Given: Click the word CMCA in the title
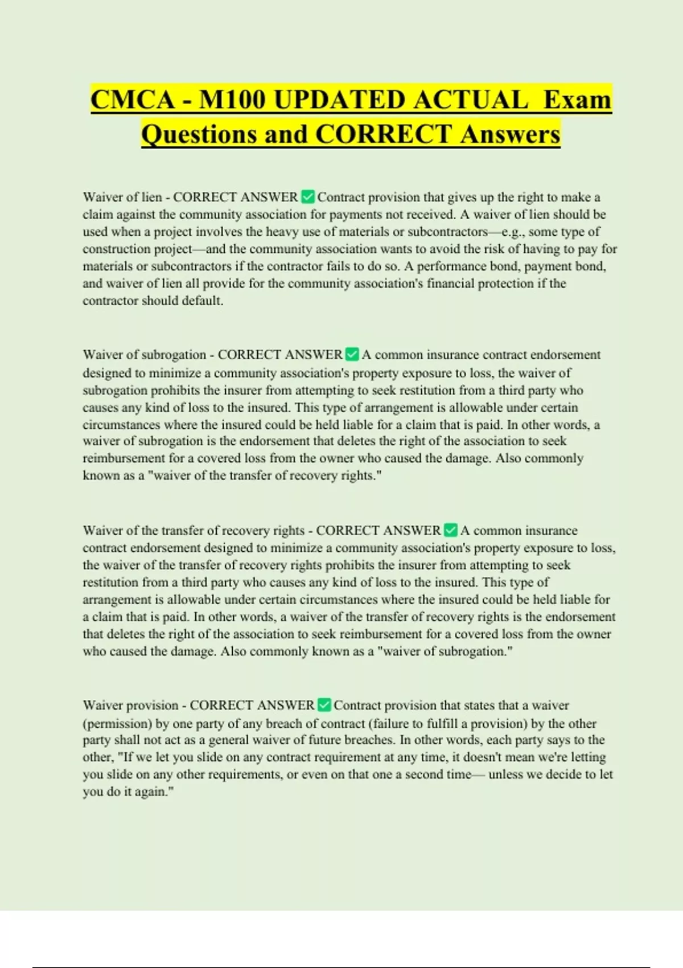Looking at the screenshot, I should click(x=133, y=100).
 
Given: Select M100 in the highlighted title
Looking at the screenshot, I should click(x=232, y=100).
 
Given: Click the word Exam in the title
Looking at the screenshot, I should click(x=577, y=100).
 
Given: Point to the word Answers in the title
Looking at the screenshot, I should click(x=511, y=134).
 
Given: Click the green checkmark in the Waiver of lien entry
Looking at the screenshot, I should click(x=307, y=197).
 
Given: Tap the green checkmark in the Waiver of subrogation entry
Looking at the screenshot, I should click(x=352, y=355).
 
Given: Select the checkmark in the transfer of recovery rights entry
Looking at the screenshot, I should click(x=450, y=530).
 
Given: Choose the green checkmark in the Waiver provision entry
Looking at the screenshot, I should click(x=324, y=705).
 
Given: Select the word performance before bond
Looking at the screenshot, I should click(x=445, y=266).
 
